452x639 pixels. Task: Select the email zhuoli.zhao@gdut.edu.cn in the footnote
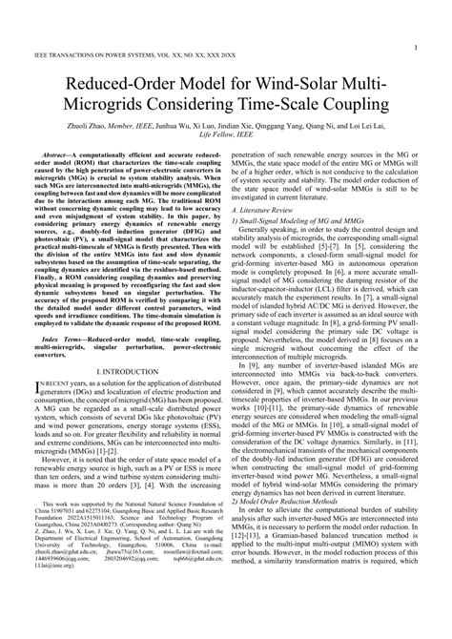click(60, 604)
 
